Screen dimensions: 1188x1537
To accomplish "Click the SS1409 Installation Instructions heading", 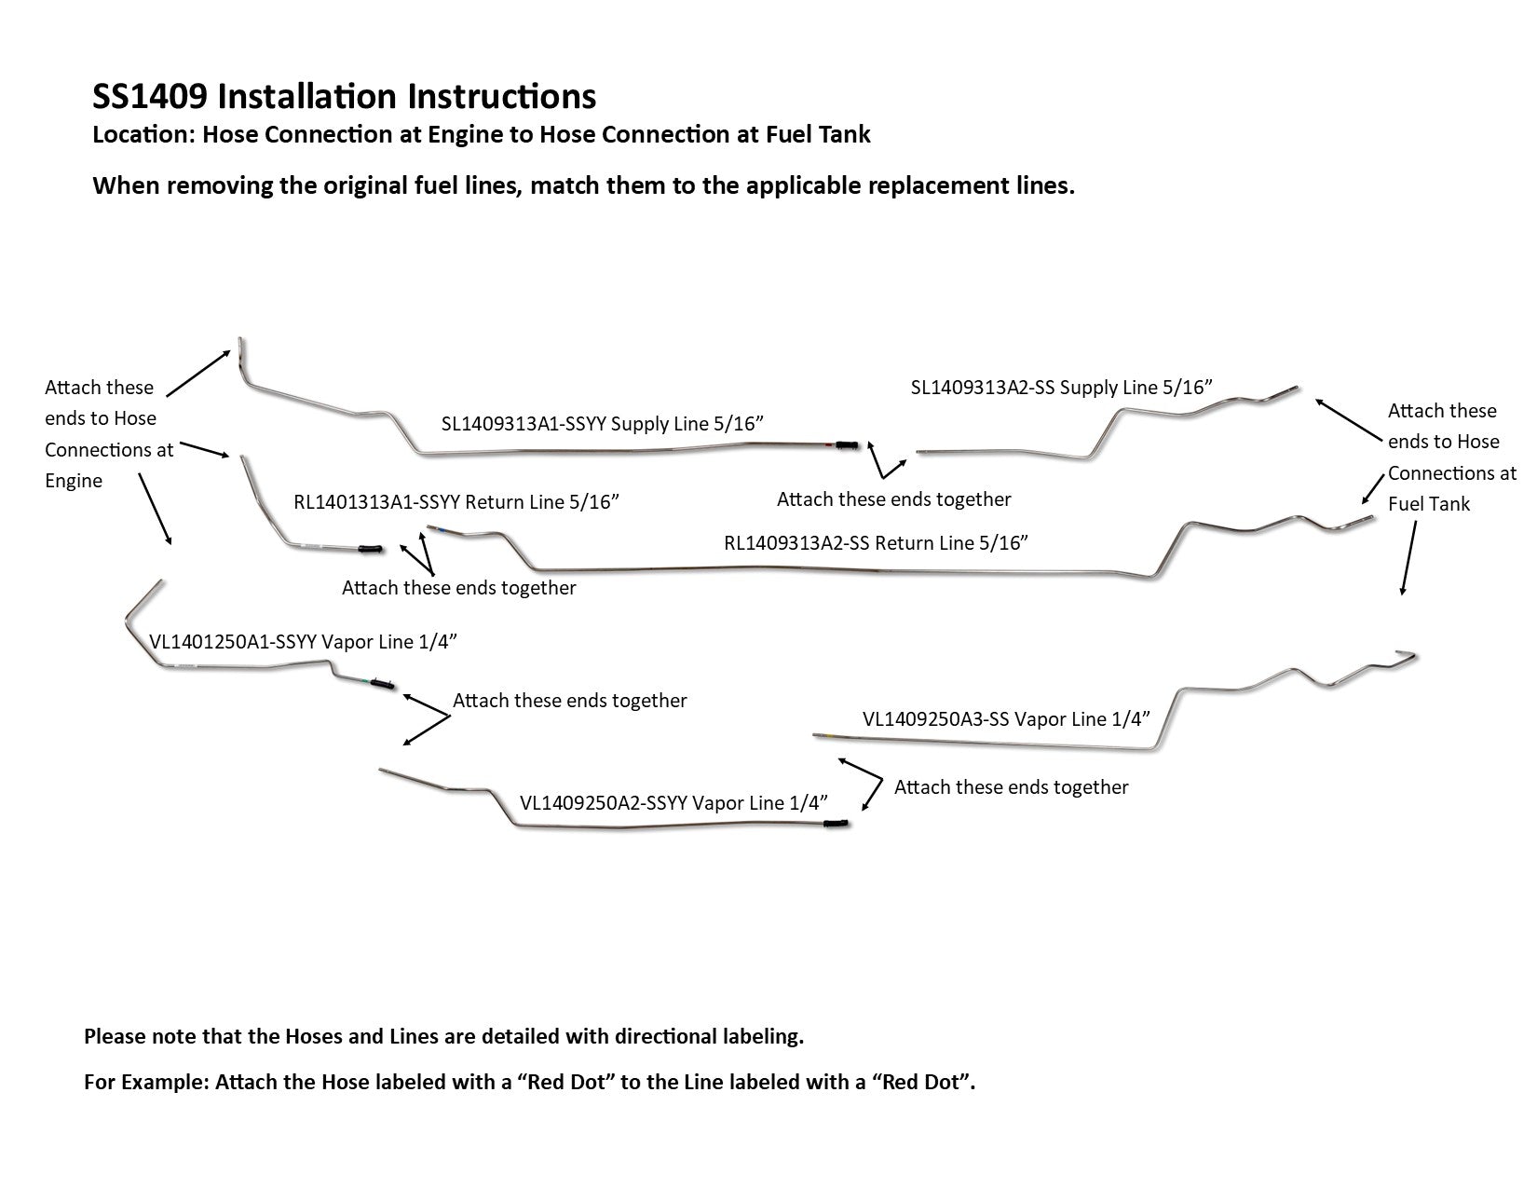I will [x=345, y=96].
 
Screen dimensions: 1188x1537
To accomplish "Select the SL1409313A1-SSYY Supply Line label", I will [x=603, y=424].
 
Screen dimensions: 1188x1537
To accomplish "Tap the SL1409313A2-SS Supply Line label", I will [x=1061, y=388].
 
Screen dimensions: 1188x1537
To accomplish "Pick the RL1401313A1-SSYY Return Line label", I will [x=456, y=502].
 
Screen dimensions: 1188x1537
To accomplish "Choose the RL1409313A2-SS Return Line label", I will [x=876, y=542].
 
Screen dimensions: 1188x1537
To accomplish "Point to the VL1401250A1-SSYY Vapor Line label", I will [x=304, y=642].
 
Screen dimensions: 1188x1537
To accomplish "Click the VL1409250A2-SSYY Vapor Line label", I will [x=673, y=802].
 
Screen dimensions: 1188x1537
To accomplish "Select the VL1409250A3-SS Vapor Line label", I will [x=1006, y=718].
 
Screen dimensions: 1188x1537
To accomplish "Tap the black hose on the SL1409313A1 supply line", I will [x=847, y=445].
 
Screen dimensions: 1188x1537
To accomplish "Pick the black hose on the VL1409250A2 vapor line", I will [x=837, y=825].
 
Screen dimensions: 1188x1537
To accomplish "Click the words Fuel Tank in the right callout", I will [x=1428, y=504].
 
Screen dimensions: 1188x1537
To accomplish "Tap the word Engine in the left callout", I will [x=74, y=481].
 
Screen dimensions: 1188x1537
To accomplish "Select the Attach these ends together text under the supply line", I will [x=893, y=499].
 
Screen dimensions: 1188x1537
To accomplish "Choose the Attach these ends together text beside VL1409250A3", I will [x=1011, y=787].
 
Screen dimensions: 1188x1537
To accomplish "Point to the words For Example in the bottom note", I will [x=145, y=1083].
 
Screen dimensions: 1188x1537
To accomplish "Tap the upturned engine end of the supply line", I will [x=240, y=348].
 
